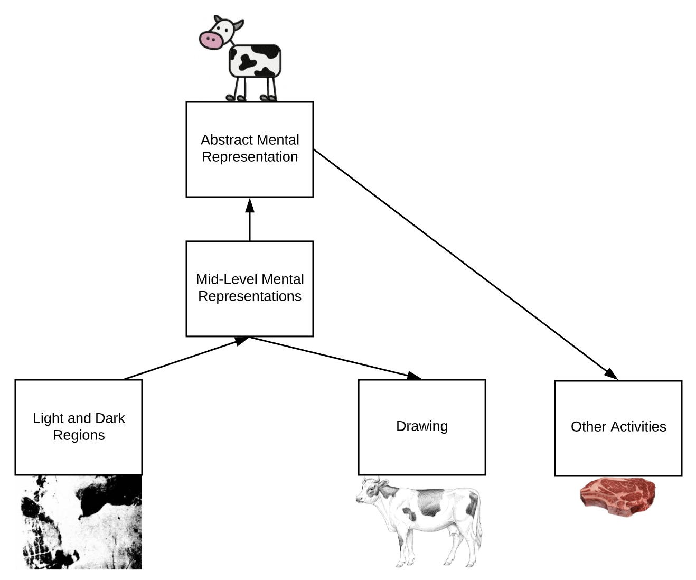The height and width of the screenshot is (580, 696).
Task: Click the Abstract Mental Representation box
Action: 249,174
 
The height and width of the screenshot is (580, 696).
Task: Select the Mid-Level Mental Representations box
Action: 249,317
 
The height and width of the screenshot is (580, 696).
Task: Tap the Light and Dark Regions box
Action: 78,454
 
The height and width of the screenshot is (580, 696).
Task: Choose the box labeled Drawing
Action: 421,449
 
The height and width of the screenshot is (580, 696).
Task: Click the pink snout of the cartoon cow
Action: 211,40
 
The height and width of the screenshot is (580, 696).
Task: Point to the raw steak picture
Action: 618,497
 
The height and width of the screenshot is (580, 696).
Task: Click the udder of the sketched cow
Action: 452,535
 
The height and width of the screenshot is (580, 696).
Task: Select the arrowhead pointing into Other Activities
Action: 612,375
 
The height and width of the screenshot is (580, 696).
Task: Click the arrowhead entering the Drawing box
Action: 415,376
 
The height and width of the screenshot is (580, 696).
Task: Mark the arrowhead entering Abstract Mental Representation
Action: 250,205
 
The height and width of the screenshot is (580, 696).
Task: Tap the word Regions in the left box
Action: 79,435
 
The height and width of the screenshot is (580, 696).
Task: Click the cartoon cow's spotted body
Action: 255,61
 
